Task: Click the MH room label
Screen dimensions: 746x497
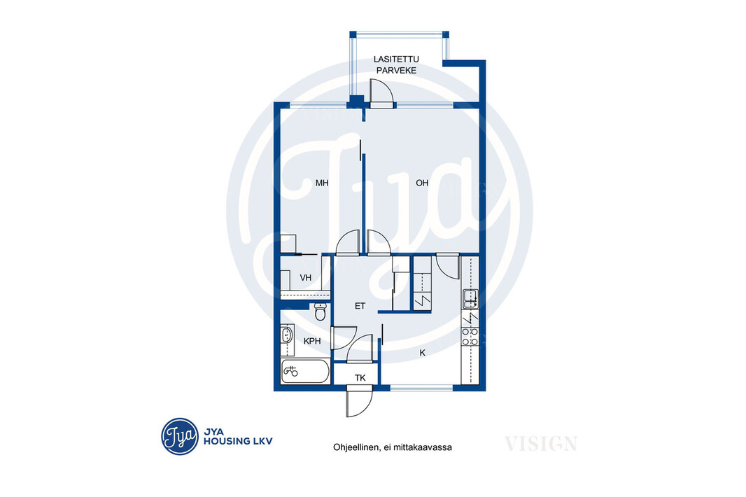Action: (x=322, y=183)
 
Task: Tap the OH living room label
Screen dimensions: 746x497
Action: (x=422, y=183)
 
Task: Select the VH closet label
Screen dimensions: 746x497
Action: (x=305, y=277)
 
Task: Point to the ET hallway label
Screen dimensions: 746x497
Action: (x=360, y=306)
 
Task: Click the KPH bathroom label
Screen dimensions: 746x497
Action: (x=312, y=341)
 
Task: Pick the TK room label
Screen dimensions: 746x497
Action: (x=360, y=378)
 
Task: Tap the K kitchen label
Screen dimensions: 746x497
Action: (x=423, y=353)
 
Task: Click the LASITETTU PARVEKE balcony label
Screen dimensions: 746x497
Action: (x=396, y=64)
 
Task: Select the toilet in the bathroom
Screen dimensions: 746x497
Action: (x=321, y=311)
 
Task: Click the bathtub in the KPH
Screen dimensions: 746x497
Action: (x=305, y=371)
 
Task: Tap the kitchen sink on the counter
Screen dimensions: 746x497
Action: (x=470, y=299)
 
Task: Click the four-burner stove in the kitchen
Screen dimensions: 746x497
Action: (x=470, y=337)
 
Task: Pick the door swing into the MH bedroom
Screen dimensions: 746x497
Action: (x=348, y=243)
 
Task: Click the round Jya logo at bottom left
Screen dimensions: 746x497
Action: (x=180, y=437)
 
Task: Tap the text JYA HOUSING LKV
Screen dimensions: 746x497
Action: (x=238, y=437)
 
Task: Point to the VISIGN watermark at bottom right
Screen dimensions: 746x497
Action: (x=541, y=444)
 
